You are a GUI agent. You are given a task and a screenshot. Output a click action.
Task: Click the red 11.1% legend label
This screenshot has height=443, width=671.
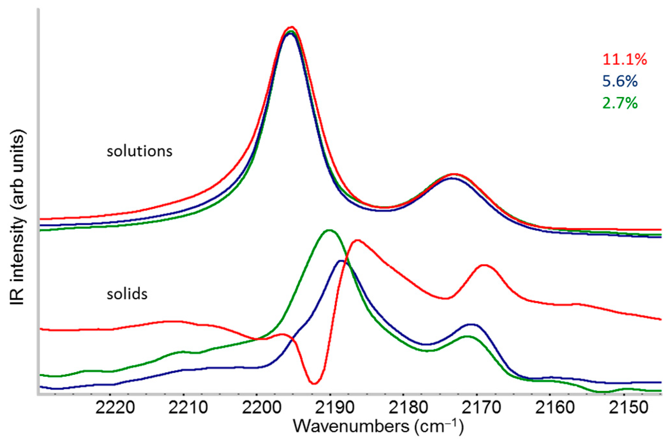pyautogui.click(x=624, y=60)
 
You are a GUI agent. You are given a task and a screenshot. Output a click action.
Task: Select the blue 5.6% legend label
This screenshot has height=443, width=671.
pyautogui.click(x=620, y=81)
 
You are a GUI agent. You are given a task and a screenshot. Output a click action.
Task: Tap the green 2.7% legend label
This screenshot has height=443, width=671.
pyautogui.click(x=620, y=103)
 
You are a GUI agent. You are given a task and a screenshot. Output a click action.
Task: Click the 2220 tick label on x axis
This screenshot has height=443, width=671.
pyautogui.click(x=115, y=408)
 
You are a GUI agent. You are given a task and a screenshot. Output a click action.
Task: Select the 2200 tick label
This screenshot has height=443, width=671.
pyautogui.click(x=262, y=408)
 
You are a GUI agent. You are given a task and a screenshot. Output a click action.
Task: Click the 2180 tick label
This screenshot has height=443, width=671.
pyautogui.click(x=408, y=408)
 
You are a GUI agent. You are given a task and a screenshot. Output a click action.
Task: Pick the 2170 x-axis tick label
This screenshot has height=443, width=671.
pyautogui.click(x=481, y=408)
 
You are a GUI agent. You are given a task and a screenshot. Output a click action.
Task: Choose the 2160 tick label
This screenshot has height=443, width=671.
pyautogui.click(x=554, y=408)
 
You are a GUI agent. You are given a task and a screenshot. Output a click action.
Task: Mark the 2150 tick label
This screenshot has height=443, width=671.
pyautogui.click(x=628, y=408)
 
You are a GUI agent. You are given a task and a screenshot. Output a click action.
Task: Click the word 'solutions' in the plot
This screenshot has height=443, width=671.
pyautogui.click(x=139, y=151)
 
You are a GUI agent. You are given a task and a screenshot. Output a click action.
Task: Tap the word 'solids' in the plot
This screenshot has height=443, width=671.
pyautogui.click(x=127, y=294)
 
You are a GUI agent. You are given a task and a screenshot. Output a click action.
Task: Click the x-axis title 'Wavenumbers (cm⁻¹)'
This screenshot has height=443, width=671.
pyautogui.click(x=378, y=427)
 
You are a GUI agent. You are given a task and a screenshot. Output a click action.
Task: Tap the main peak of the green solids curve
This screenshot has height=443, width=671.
pyautogui.click(x=329, y=230)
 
